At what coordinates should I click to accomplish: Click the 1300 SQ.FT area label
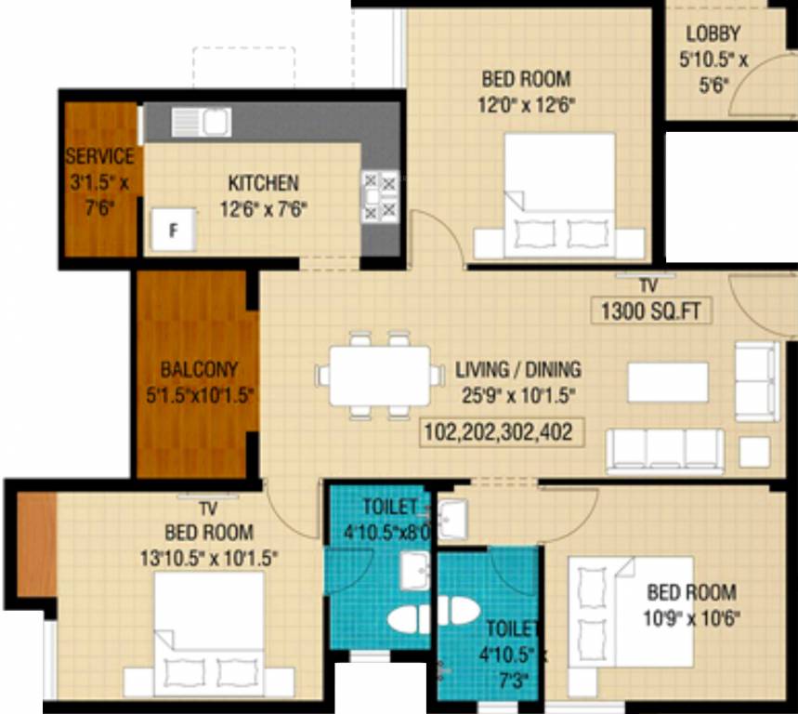651,311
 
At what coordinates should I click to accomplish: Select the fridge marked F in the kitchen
173,229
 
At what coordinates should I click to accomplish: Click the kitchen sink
216,122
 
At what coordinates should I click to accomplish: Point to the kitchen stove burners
380,195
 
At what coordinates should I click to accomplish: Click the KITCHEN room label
264,183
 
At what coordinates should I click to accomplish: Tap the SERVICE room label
99,156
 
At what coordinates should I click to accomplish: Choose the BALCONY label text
198,368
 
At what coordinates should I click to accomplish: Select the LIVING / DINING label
517,370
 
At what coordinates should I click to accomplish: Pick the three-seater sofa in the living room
665,449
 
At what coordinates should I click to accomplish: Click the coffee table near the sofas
667,382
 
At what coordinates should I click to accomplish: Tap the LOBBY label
713,34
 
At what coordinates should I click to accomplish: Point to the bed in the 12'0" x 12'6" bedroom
559,195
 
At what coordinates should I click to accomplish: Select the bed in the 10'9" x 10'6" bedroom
632,611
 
